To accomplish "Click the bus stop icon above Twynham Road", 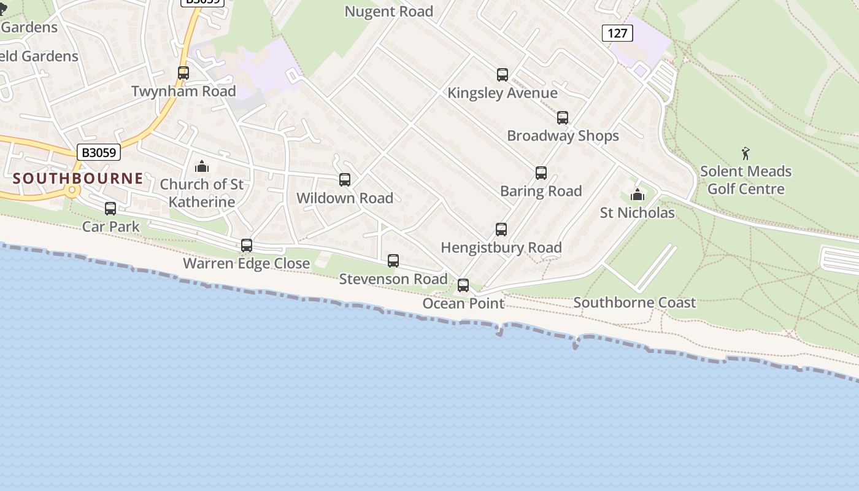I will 183,73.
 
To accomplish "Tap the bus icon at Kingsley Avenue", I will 503,75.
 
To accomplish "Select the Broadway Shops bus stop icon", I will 563,118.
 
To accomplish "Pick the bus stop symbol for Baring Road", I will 541,173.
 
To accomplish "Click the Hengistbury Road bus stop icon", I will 501,230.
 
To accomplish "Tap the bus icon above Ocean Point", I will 463,285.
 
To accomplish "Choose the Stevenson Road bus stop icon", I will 393,261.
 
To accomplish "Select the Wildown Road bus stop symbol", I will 345,180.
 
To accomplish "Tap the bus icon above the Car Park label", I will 110,209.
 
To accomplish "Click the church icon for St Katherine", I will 201,166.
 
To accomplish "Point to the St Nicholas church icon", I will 638,195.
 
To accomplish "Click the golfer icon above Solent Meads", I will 745,153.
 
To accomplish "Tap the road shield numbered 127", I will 617,33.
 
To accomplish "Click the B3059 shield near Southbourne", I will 99,152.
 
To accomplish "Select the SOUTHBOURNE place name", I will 78,179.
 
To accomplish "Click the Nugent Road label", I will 388,12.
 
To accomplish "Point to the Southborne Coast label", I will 634,302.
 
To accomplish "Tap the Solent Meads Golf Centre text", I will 745,180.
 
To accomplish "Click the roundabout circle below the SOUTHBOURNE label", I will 72,190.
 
